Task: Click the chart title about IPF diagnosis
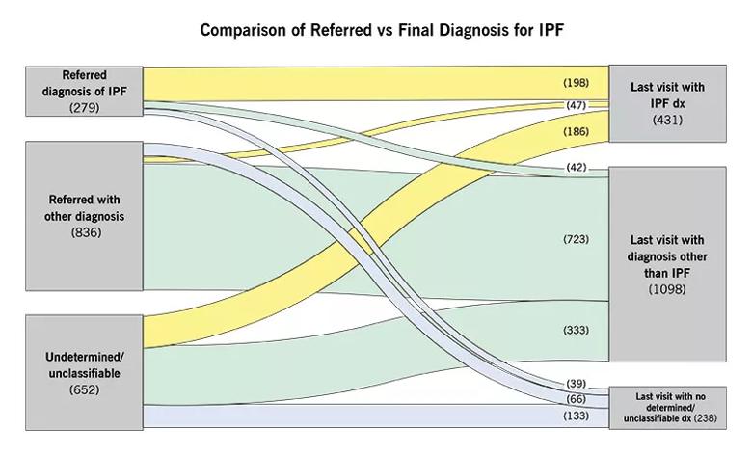(381, 30)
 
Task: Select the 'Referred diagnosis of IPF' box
(84, 92)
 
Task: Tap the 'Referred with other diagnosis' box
(84, 216)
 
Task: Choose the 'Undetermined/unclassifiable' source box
(84, 372)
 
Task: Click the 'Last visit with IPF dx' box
(667, 103)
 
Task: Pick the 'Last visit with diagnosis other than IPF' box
(667, 264)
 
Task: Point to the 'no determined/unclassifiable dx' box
(667, 408)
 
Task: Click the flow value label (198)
(576, 83)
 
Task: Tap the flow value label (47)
(576, 105)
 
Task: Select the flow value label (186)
(576, 131)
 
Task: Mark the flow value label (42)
(576, 168)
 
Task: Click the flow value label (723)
(576, 239)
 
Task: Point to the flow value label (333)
(576, 330)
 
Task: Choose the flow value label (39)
(576, 384)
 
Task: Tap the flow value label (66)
(576, 399)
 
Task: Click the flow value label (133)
(576, 416)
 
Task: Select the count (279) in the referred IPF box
(85, 107)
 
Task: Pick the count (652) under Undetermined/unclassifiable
(85, 389)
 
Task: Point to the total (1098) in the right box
(667, 289)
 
